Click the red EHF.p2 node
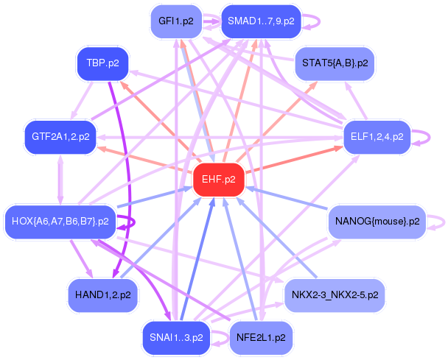pos(218,180)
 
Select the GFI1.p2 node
pos(175,21)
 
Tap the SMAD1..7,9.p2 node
pos(261,21)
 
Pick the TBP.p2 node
pos(102,63)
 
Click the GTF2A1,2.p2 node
pos(60,136)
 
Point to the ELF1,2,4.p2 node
pos(377,136)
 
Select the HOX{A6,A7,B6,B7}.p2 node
pos(60,221)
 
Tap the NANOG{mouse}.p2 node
pos(377,221)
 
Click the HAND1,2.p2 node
pos(102,294)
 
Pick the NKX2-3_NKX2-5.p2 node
pos(335,294)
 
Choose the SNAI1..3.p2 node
pos(175,338)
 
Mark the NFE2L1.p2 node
pos(261,338)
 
